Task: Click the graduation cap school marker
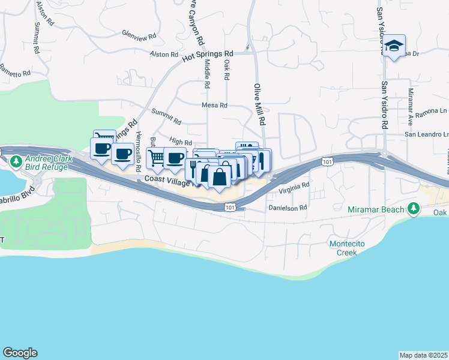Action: tap(394, 46)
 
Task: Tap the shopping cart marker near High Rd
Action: tap(156, 158)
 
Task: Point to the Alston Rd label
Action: tap(161, 54)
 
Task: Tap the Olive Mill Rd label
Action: tap(260, 104)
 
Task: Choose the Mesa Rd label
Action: tap(215, 105)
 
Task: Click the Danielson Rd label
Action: tap(288, 208)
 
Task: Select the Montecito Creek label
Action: tap(343, 248)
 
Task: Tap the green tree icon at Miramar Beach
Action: tap(413, 209)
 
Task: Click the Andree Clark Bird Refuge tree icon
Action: tap(15, 160)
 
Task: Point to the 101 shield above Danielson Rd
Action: tap(231, 206)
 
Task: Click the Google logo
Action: tap(20, 353)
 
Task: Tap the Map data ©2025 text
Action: tap(424, 355)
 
